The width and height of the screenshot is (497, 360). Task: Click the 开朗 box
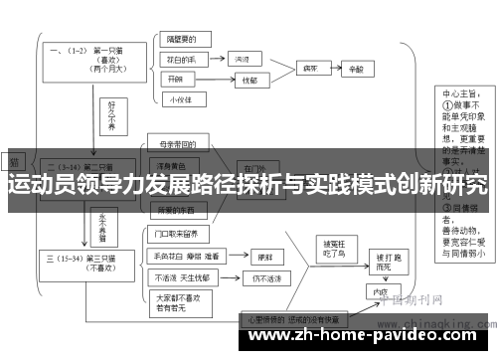(x=177, y=79)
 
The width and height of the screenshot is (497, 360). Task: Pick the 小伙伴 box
(x=179, y=99)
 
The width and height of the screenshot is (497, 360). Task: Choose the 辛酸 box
(x=357, y=71)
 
